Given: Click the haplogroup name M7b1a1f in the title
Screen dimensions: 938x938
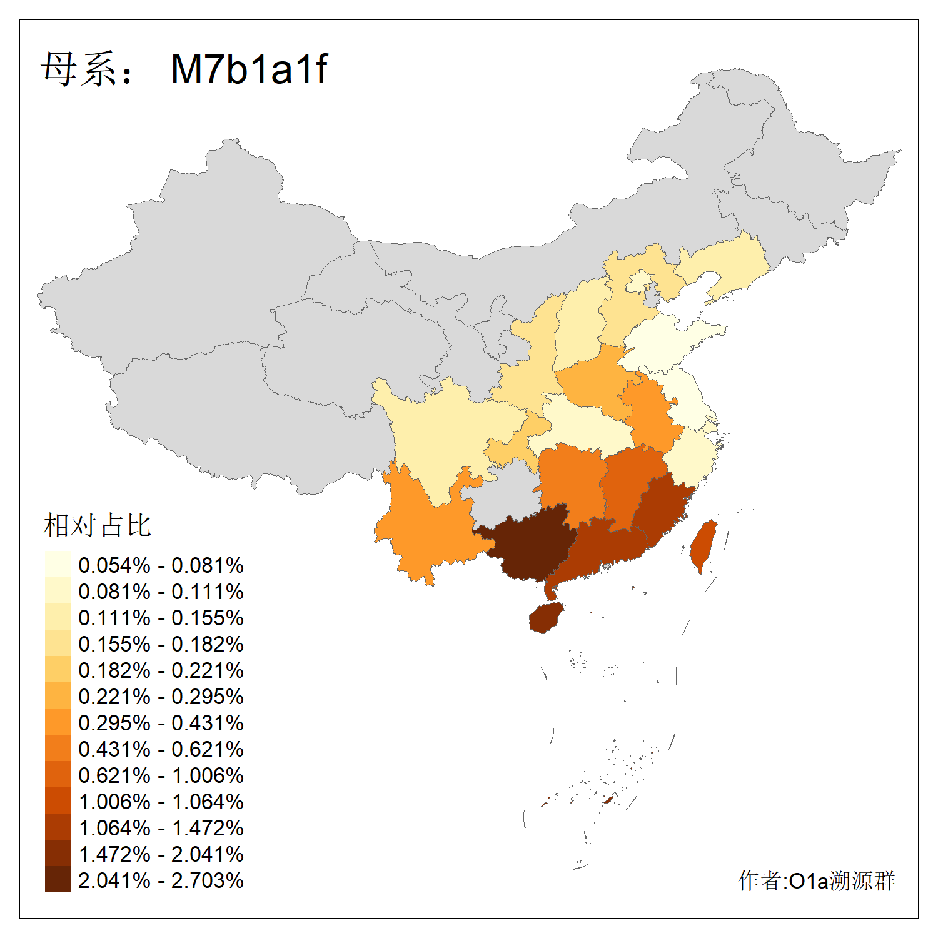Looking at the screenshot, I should point(249,69).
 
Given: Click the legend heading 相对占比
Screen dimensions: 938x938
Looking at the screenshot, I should point(98,525).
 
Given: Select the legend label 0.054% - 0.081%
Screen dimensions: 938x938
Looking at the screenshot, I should point(161,565).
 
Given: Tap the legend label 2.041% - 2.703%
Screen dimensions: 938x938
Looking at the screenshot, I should point(161,880).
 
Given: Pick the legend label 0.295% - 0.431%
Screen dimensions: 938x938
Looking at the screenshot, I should point(161,723).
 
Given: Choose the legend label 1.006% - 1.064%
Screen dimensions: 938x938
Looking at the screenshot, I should point(161,802).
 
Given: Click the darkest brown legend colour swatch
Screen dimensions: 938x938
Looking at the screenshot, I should point(58,879).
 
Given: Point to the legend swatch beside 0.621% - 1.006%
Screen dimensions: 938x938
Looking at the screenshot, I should point(58,774).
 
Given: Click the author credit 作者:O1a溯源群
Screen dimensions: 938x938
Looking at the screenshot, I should point(817,880).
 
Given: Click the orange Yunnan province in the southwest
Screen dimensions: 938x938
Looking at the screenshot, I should point(425,532).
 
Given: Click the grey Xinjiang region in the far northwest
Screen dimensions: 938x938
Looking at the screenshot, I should point(206,263).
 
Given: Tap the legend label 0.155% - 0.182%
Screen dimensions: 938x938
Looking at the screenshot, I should point(161,644).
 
